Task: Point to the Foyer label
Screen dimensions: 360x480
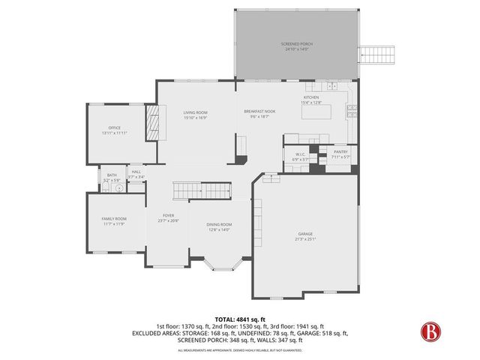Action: coord(168,218)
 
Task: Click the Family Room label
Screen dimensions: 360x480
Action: coord(113,220)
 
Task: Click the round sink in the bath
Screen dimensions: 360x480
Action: coord(117,189)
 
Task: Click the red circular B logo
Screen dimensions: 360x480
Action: coord(429,331)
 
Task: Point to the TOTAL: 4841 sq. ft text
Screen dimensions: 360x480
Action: coord(240,319)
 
